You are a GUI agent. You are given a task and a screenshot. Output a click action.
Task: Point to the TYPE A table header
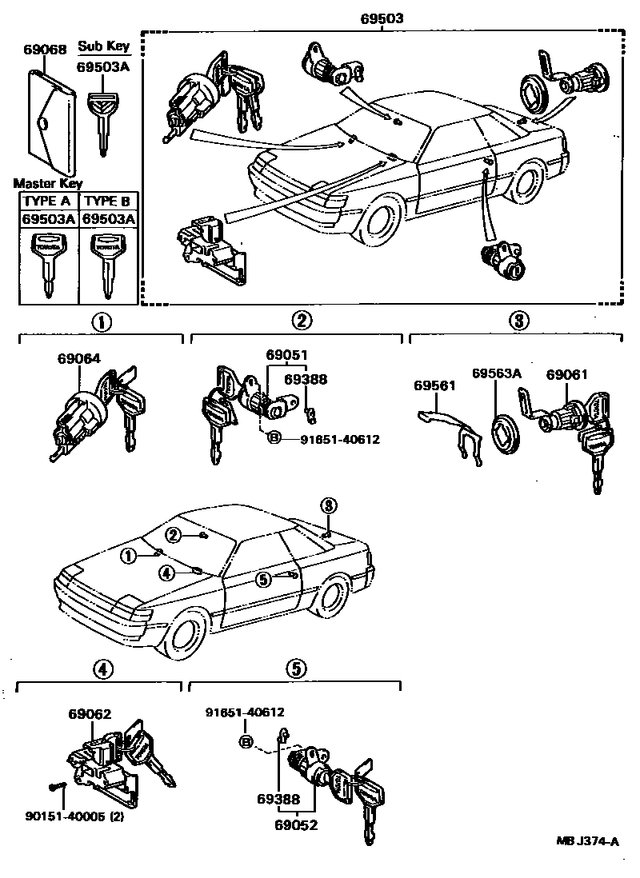48,201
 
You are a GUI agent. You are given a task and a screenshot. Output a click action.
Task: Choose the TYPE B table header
107,201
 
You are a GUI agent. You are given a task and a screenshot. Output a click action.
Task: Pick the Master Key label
47,183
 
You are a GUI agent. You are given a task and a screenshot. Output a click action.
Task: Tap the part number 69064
78,359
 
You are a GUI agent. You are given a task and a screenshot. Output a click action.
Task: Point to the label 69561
434,386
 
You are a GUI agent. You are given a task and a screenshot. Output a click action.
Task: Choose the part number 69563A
496,373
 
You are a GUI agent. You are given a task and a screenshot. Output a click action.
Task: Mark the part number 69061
567,373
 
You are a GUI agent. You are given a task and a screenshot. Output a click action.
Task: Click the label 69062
90,714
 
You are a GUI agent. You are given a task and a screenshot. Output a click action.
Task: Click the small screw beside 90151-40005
55,787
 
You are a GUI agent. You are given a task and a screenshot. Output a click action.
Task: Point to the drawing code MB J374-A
588,841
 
